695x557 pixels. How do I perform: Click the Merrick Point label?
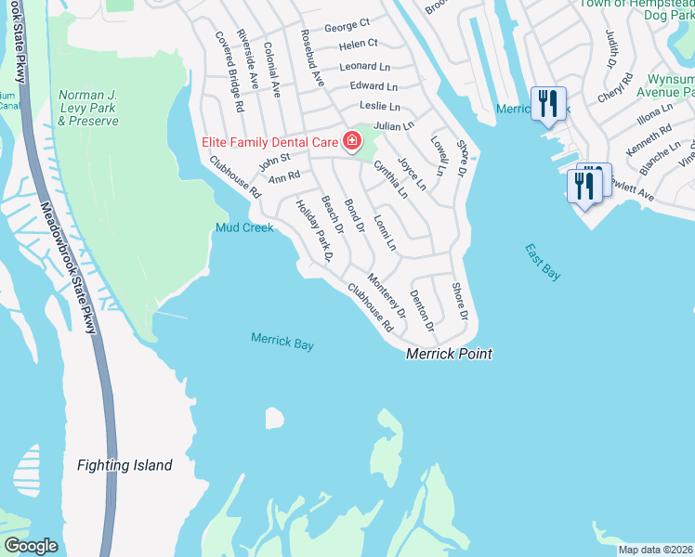[x=449, y=354]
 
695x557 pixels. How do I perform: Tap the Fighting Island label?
[x=125, y=465]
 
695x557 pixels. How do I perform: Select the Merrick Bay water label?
[x=282, y=342]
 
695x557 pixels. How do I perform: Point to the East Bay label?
[x=543, y=263]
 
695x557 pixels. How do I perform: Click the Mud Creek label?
[x=244, y=227]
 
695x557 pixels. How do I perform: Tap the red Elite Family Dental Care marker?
[x=352, y=141]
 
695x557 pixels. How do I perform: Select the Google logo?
[x=31, y=546]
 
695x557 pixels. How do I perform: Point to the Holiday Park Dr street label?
[x=313, y=231]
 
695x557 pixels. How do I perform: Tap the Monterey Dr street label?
[x=387, y=295]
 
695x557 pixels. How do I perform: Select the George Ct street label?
[x=347, y=21]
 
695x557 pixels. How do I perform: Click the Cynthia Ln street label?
[x=390, y=179]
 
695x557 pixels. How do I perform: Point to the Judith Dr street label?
[x=611, y=49]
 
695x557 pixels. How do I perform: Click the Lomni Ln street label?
[x=384, y=232]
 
